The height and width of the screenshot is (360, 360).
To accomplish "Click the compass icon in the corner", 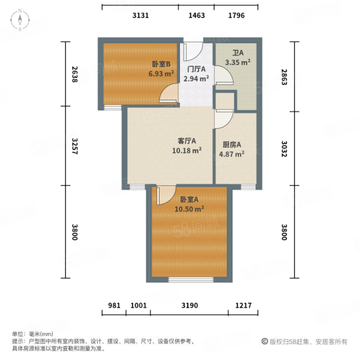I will [x=20, y=21].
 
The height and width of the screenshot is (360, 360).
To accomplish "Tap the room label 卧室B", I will [x=161, y=64].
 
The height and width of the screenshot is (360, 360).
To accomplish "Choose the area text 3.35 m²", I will [x=238, y=62].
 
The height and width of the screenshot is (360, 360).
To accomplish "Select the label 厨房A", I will [x=232, y=145].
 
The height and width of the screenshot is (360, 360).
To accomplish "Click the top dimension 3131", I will [x=140, y=16].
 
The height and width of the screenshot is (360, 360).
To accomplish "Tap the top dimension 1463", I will [x=196, y=16].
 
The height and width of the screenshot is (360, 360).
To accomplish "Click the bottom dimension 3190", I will [x=190, y=305].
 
